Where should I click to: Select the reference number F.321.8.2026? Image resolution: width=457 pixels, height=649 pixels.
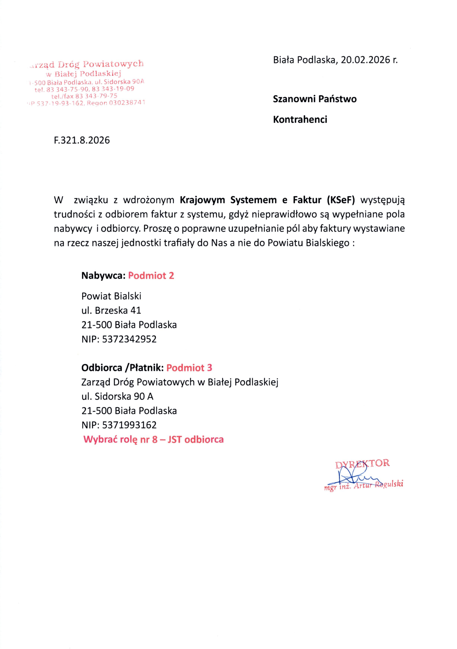pyautogui.click(x=82, y=140)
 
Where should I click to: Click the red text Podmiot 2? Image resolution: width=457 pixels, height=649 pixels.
pyautogui.click(x=151, y=276)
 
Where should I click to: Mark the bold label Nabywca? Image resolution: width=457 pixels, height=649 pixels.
pyautogui.click(x=103, y=276)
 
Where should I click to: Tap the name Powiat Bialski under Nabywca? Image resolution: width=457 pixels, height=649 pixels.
pyautogui.click(x=111, y=296)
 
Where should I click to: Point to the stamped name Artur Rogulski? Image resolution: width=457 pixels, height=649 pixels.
pyautogui.click(x=378, y=485)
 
